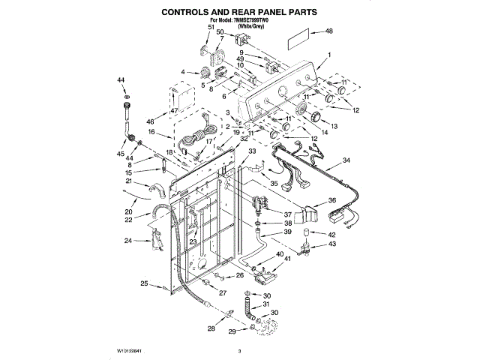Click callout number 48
coord(328,31)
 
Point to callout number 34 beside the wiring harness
coord(346,160)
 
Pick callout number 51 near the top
coord(211,27)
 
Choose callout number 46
coord(150,121)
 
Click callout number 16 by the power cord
coord(150,132)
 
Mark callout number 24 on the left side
coord(127,241)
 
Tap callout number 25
coord(143,283)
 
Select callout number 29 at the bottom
coord(232,331)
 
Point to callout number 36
coord(332,201)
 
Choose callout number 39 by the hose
coord(287,232)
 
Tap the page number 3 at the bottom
coord(239,351)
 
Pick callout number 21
coord(128,182)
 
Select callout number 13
coord(335,125)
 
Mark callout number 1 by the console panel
coord(328,55)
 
